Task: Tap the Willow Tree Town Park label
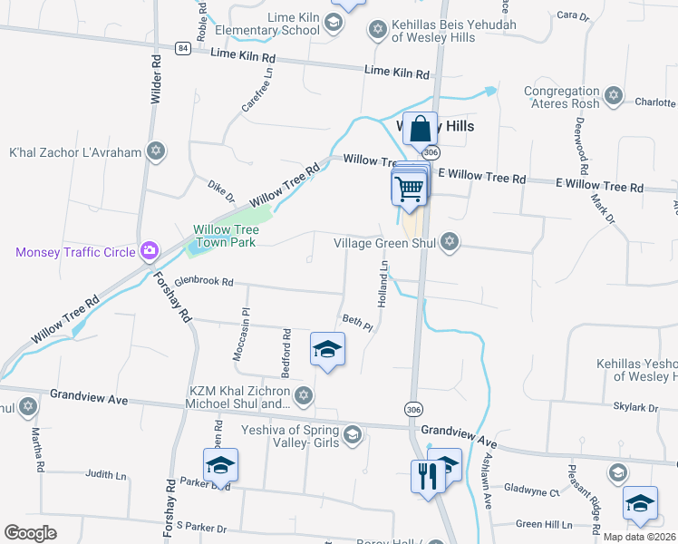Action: point(224,236)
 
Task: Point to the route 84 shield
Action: point(183,48)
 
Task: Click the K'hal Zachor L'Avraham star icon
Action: point(156,151)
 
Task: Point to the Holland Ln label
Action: point(384,282)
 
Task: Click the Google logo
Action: point(30,533)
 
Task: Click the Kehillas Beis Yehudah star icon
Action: point(377,30)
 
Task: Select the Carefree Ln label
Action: point(257,91)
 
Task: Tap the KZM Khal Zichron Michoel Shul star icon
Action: point(304,395)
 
